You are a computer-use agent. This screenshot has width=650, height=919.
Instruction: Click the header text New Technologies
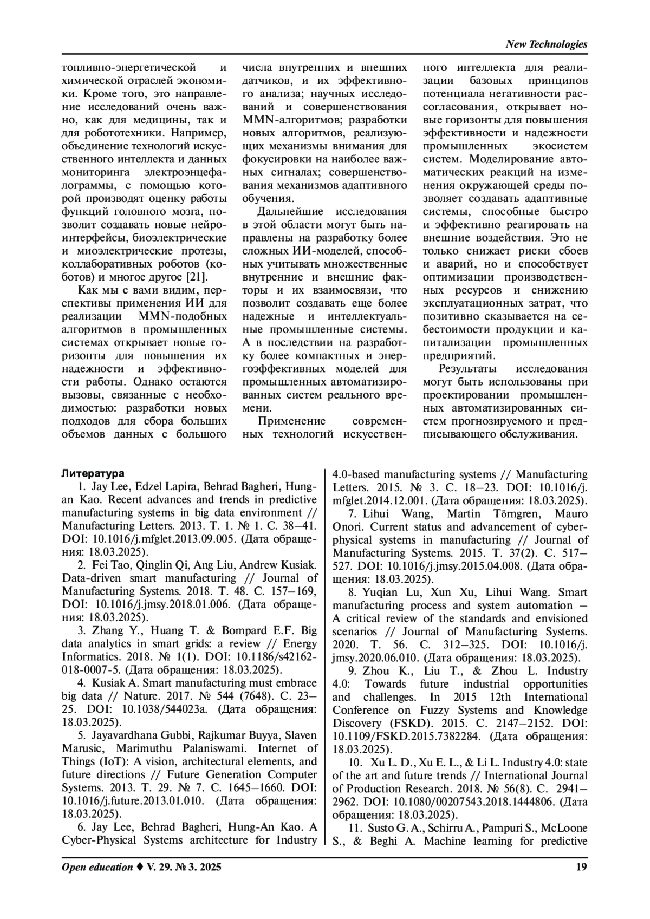(x=546, y=44)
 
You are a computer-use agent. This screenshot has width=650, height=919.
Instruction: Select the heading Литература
(x=93, y=473)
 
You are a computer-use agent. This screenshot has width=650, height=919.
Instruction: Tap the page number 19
(x=581, y=868)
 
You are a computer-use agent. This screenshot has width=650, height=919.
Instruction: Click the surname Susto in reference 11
(x=383, y=827)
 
